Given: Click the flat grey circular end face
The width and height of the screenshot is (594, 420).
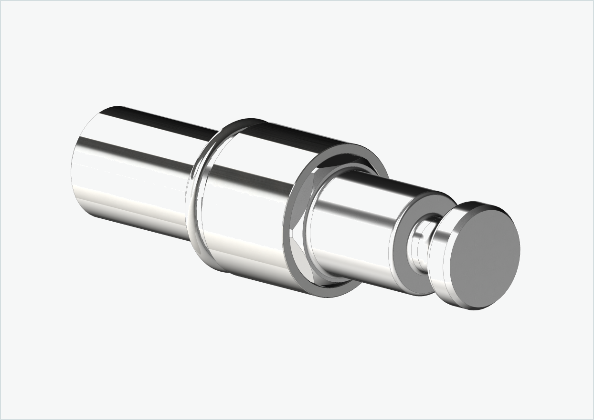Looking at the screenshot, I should pyautogui.click(x=485, y=256).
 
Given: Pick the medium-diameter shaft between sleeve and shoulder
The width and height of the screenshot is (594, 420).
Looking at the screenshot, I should pyautogui.click(x=353, y=224).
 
